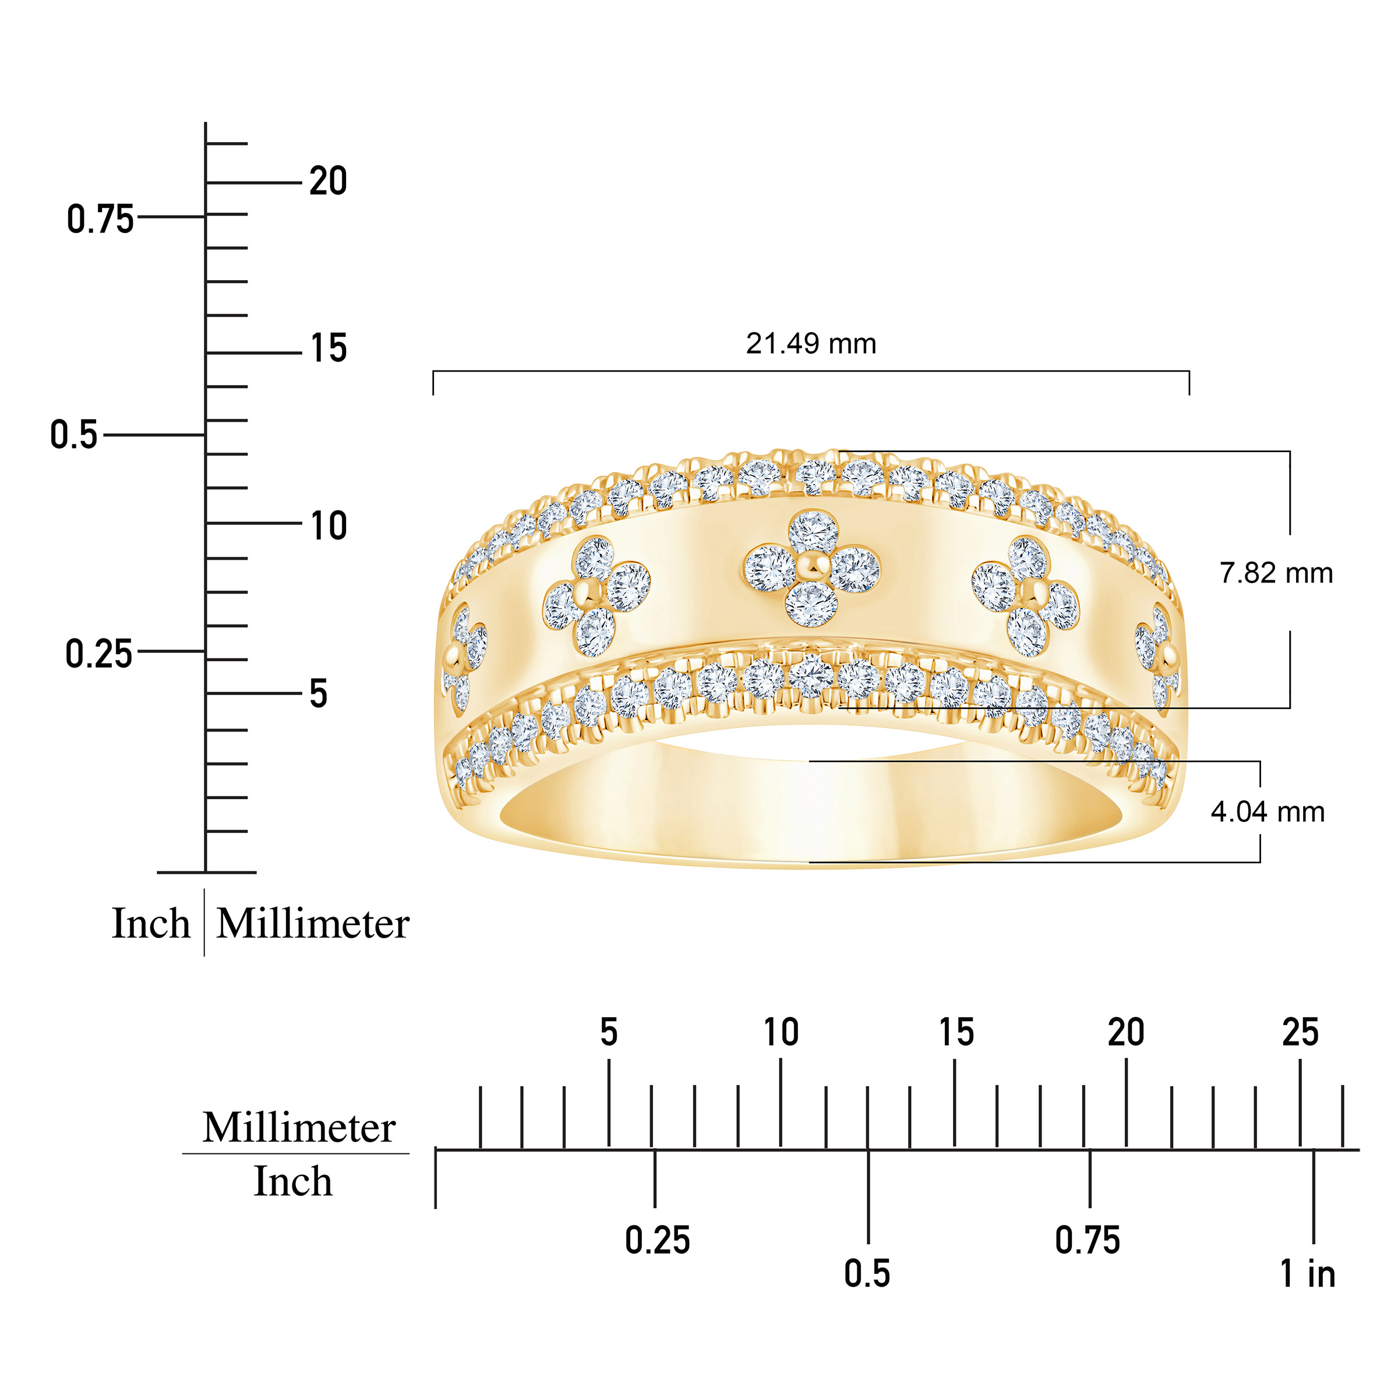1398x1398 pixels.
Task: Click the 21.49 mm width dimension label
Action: point(811,344)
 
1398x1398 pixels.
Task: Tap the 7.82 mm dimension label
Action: point(1276,573)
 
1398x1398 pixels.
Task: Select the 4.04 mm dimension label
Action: point(1268,812)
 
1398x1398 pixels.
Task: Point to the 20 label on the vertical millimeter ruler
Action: point(329,181)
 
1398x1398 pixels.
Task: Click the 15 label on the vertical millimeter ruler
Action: point(329,348)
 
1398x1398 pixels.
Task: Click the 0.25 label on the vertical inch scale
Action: point(99,654)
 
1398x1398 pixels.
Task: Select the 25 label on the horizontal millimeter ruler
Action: point(1300,1033)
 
